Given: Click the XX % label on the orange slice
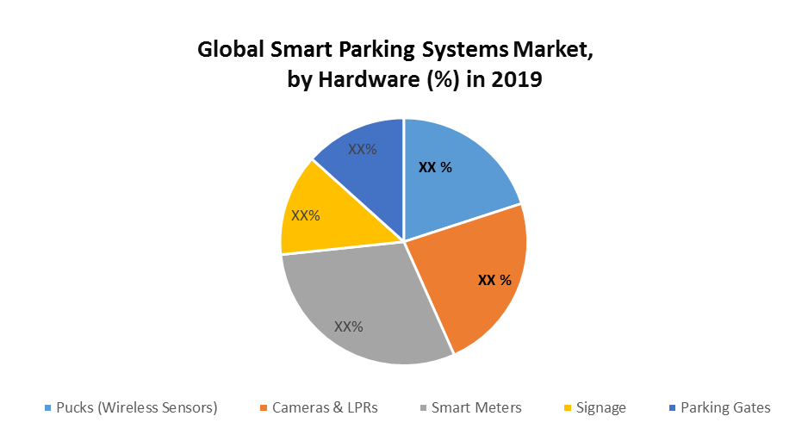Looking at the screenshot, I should coord(494,280).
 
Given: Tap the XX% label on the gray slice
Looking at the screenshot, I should coord(349,326).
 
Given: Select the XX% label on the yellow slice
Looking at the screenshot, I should coord(306,215).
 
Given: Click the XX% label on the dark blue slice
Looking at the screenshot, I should coord(363,148).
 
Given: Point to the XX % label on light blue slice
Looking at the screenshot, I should coord(435,168).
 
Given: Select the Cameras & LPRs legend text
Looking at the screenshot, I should coord(325,407).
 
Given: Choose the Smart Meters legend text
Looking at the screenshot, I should coord(476,407).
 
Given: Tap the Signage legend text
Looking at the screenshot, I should coord(600,407).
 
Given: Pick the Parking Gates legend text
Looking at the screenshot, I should coord(725,407).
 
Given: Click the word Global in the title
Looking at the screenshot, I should coord(227,50).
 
